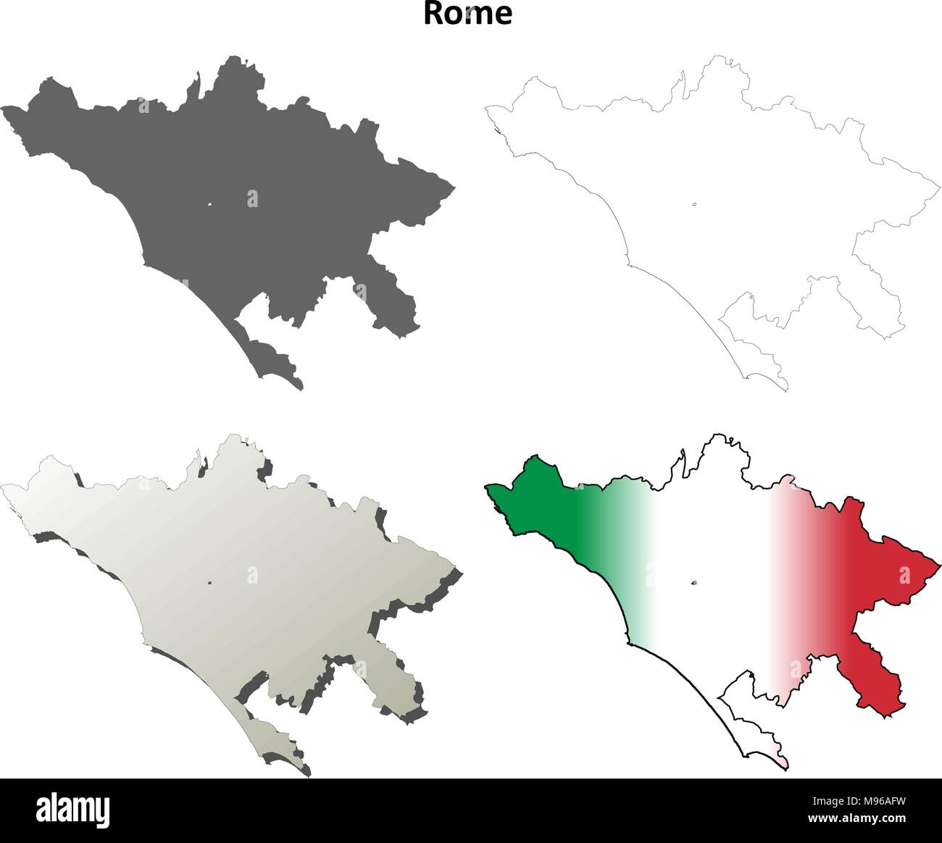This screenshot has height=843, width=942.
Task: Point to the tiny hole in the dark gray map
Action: coord(209,204)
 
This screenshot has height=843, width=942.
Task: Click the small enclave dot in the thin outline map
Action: coord(694,204)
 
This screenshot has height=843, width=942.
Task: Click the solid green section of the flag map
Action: coord(543,507)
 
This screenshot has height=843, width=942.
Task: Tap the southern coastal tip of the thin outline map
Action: coord(785,389)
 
